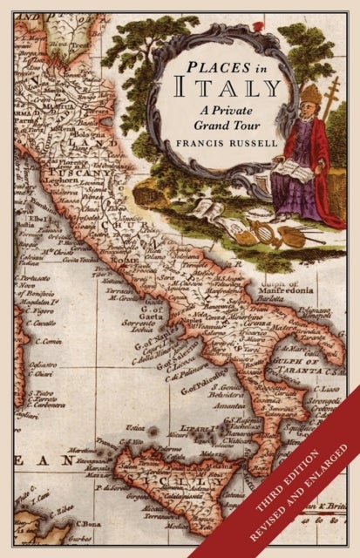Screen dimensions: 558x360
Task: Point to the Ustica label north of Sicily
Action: [x=135, y=427]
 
